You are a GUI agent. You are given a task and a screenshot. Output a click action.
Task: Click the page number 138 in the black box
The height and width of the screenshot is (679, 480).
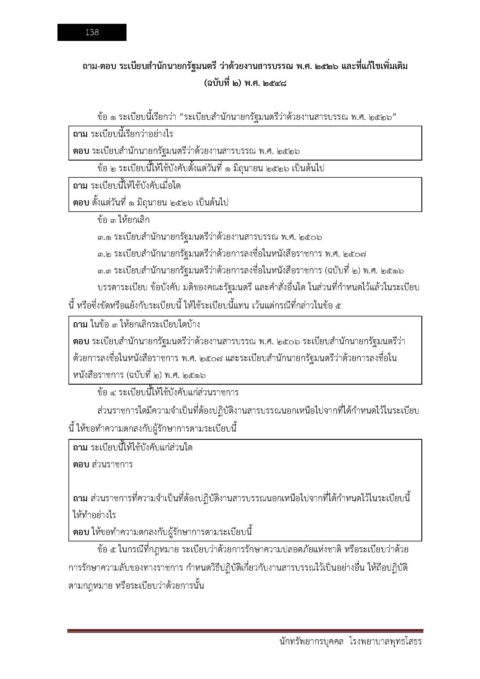tap(92, 32)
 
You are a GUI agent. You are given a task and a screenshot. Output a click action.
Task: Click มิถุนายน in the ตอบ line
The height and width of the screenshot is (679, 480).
tap(149, 203)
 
